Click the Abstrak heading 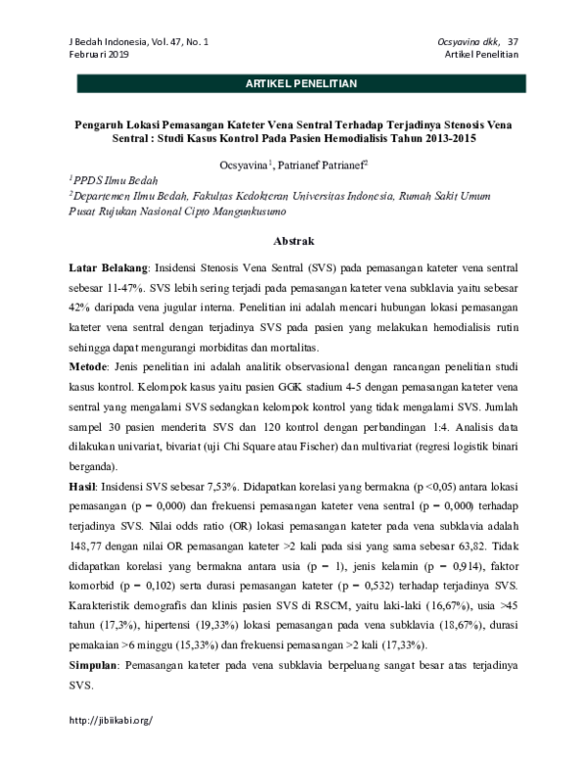click(x=293, y=240)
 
